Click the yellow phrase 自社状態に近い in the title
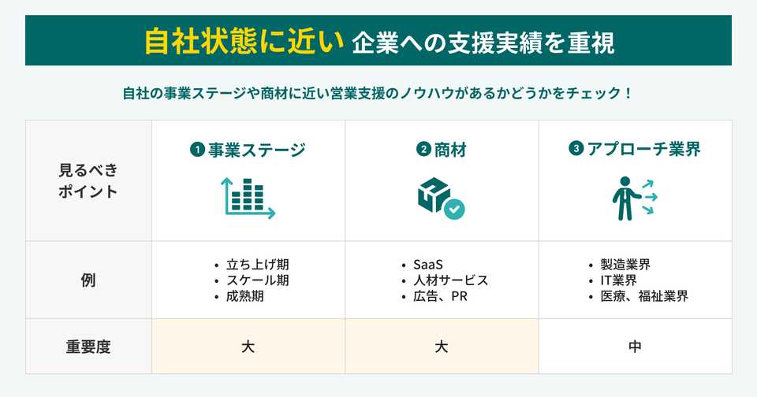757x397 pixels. pyautogui.click(x=243, y=40)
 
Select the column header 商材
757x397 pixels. pyautogui.click(x=449, y=150)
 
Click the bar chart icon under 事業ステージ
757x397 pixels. pyautogui.click(x=248, y=198)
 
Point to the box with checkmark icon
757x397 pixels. pyautogui.click(x=441, y=198)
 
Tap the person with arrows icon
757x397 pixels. pyautogui.click(x=634, y=198)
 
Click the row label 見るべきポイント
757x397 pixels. pyautogui.click(x=88, y=180)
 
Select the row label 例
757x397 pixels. pyautogui.click(x=88, y=280)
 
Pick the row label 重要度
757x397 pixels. pyautogui.click(x=88, y=346)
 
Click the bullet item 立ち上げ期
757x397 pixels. pyautogui.click(x=252, y=265)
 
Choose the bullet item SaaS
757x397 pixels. pyautogui.click(x=429, y=265)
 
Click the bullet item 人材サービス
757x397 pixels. pyautogui.click(x=450, y=280)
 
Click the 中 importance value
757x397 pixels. pyautogui.click(x=636, y=346)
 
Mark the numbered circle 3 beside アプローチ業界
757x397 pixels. pyautogui.click(x=576, y=147)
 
